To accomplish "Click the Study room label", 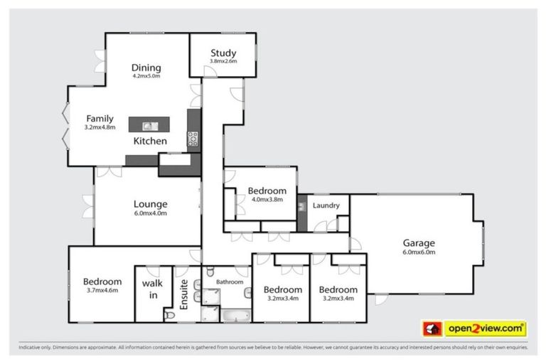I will [x=223, y=53].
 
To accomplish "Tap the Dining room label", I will [x=146, y=68].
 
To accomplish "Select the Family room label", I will [x=100, y=119].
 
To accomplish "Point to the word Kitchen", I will [x=151, y=141].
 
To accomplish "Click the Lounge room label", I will [x=150, y=204].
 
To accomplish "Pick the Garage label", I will [x=419, y=242].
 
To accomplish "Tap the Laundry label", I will [x=326, y=205].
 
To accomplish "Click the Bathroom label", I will [x=230, y=282].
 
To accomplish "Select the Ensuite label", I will [x=183, y=293].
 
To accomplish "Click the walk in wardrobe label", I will [x=152, y=289].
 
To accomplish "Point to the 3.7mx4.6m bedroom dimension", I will [x=102, y=290].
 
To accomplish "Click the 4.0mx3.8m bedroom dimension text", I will [x=267, y=200].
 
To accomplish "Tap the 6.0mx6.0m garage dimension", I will [x=419, y=252].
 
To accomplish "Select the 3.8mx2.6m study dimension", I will [x=223, y=62].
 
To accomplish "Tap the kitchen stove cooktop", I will [x=192, y=139].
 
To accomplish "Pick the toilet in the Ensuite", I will [x=168, y=314].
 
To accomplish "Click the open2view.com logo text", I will [x=486, y=328].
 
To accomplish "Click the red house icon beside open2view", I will [x=432, y=328].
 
